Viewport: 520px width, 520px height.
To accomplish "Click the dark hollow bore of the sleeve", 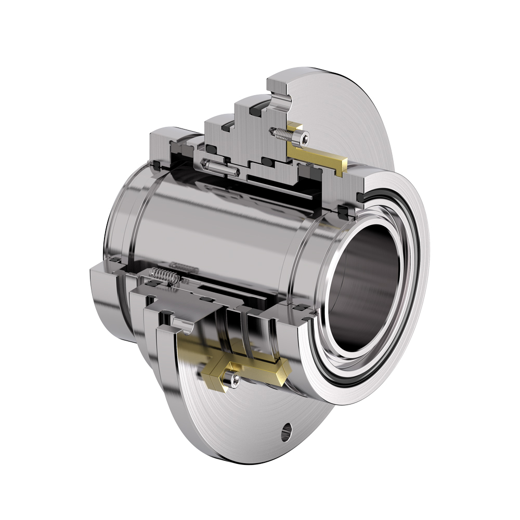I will point(364,291).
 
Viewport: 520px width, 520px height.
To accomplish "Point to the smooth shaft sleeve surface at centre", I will point(208,218).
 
